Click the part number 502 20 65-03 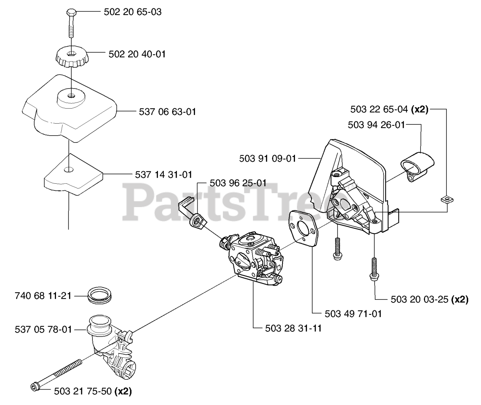(132, 12)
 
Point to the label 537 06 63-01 (167, 112)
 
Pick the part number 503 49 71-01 (353, 313)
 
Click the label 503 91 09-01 (268, 159)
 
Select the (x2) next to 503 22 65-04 (420, 109)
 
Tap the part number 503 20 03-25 (420, 299)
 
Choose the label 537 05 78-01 (43, 329)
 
